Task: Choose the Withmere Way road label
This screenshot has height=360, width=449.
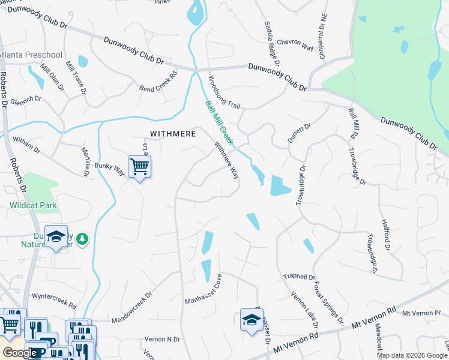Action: pos(227,160)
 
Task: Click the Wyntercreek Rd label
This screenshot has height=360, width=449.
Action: pos(54,296)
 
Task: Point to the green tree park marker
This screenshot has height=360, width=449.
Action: pos(82,239)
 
